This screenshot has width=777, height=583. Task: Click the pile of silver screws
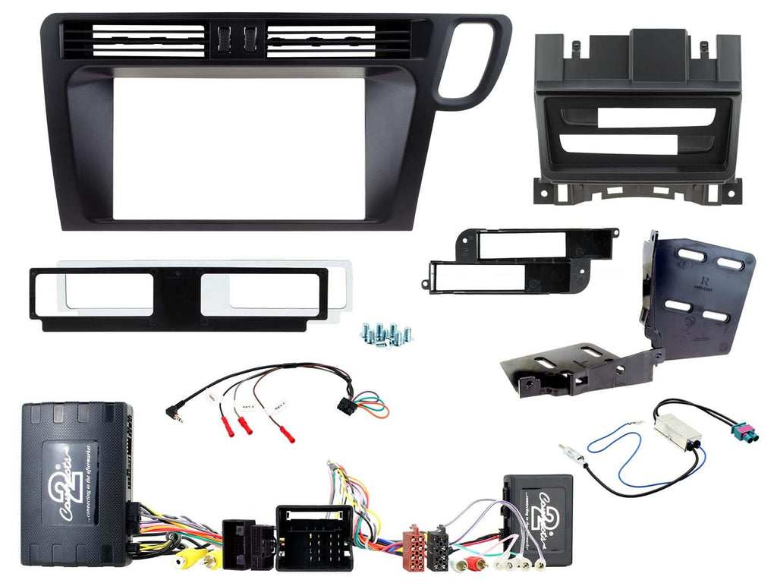pyautogui.click(x=385, y=333)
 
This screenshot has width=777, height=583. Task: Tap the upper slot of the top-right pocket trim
pyautogui.click(x=656, y=118)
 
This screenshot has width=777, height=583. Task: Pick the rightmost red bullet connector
pyautogui.click(x=287, y=433)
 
